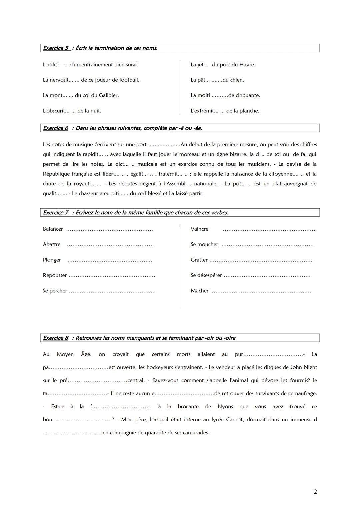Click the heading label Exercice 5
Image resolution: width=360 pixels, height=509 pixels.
click(56, 48)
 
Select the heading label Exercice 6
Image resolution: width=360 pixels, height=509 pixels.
click(56, 128)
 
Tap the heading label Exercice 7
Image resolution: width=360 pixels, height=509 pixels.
click(56, 213)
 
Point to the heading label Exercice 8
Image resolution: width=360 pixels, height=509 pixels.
click(56, 338)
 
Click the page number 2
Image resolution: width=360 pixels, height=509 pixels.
click(315, 492)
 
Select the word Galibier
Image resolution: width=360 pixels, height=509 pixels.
click(109, 95)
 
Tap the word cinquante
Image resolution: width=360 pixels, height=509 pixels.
click(248, 95)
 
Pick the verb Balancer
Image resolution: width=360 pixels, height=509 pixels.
click(53, 229)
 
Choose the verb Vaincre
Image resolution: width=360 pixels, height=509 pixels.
click(199, 229)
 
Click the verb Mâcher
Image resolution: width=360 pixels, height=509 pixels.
click(199, 291)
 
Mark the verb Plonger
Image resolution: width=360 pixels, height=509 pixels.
click(52, 260)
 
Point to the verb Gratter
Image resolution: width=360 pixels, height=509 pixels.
click(199, 260)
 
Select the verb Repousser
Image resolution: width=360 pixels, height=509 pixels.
click(55, 275)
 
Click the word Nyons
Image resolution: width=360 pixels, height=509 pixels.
click(225, 407)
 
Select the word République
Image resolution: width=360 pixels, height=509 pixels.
click(56, 174)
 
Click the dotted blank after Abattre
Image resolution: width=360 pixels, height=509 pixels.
click(110, 245)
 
